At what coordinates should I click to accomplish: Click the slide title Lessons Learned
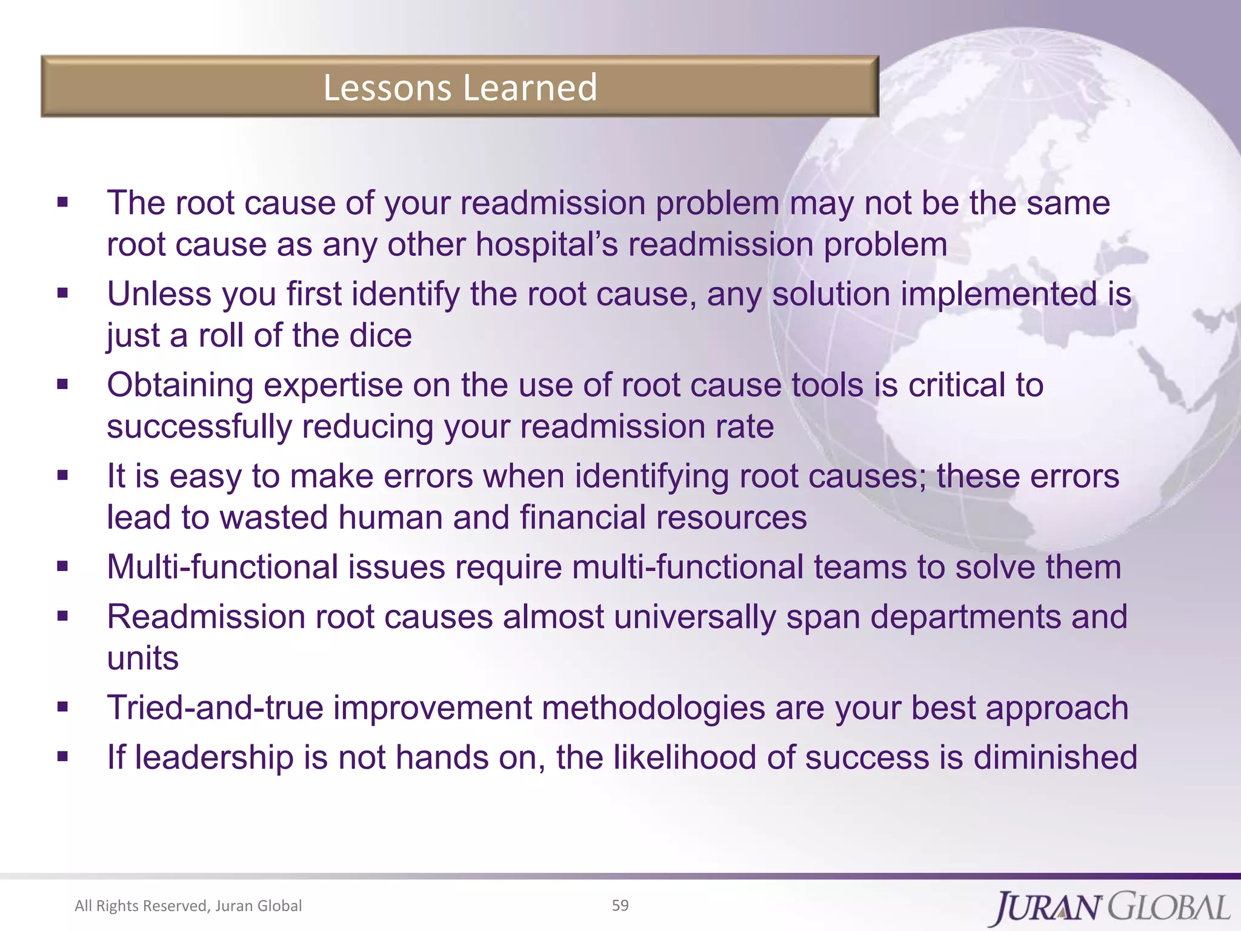(460, 87)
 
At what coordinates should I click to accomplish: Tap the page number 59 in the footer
(620, 905)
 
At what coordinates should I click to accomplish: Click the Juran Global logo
(1111, 907)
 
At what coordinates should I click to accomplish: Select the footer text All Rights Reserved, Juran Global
(188, 906)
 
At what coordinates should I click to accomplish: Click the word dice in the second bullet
(381, 335)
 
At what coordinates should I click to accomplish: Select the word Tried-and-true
(215, 707)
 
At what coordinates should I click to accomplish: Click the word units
(143, 658)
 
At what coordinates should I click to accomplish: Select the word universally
(694, 617)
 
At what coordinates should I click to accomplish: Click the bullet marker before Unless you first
(62, 294)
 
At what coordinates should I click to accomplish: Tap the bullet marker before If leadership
(62, 756)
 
